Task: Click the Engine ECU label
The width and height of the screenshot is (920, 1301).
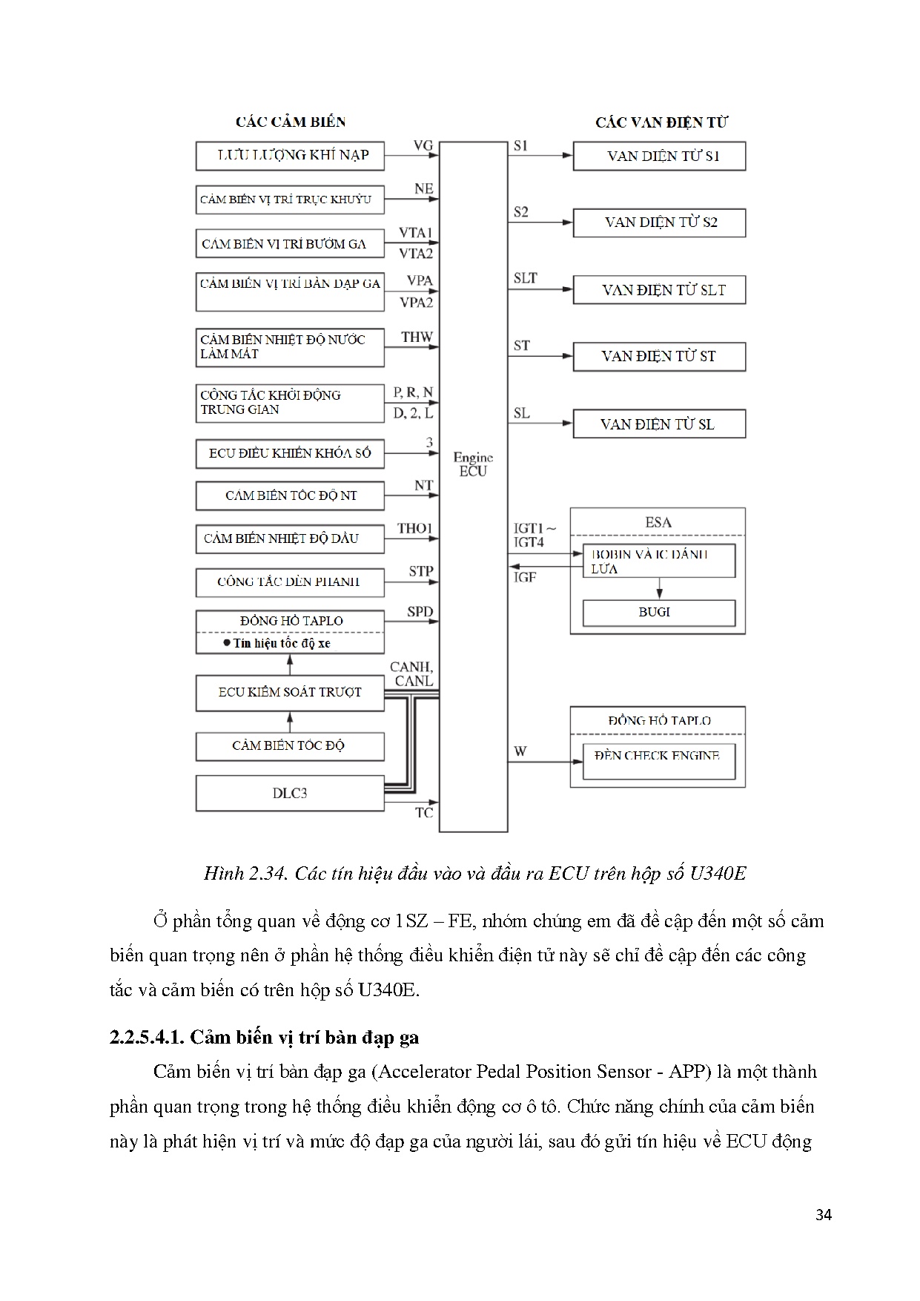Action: (473, 464)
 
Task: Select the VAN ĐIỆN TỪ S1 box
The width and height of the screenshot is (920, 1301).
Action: (659, 157)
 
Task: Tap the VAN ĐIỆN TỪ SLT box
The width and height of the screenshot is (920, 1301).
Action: (659, 290)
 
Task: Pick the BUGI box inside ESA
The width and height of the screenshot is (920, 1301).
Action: (658, 613)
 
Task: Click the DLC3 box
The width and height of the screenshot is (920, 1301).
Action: (290, 794)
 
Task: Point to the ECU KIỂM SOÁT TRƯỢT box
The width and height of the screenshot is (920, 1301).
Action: (290, 692)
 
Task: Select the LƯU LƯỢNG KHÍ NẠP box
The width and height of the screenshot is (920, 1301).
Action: (290, 156)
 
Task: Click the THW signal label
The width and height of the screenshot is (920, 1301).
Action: (417, 337)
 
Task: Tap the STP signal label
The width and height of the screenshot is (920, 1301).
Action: (420, 572)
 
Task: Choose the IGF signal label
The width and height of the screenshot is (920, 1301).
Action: (525, 577)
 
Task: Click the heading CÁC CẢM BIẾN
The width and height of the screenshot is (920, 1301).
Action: (291, 122)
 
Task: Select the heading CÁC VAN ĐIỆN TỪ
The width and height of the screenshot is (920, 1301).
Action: (661, 122)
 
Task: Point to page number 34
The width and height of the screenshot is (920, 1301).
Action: (823, 1215)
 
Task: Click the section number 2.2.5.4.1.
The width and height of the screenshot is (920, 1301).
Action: (147, 1037)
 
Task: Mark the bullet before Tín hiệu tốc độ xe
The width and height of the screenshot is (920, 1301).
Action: (227, 643)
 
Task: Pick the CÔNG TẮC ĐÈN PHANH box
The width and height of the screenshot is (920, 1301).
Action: (290, 582)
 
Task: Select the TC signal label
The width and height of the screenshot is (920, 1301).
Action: (424, 813)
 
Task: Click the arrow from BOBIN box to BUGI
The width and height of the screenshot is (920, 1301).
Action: (659, 588)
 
